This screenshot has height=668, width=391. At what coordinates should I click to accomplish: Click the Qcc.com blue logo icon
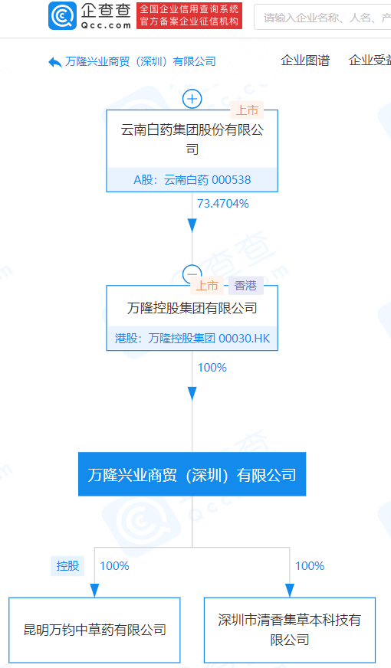62,16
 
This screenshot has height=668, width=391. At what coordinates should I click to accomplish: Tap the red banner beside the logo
189,16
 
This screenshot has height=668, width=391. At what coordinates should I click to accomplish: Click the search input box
322,17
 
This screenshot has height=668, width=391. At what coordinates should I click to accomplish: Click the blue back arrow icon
55,62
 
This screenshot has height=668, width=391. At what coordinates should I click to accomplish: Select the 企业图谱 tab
305,61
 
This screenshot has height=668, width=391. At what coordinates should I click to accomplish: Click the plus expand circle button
192,100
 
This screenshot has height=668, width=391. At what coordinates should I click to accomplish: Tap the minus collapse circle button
192,274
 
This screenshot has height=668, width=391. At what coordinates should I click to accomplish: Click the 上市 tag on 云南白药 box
247,110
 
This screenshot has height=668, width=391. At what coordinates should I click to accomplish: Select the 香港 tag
245,286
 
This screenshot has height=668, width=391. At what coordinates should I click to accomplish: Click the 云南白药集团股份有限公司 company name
192,139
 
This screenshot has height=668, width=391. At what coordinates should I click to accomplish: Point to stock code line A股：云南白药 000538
192,180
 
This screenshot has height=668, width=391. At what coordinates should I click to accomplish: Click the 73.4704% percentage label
223,204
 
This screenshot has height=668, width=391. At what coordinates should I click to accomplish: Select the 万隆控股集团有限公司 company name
192,308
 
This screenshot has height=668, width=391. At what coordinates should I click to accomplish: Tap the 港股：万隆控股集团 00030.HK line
192,339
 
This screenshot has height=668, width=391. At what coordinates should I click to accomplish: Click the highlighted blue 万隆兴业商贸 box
192,474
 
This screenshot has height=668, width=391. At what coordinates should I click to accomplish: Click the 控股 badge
67,566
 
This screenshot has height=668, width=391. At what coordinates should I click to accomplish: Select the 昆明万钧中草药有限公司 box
94,630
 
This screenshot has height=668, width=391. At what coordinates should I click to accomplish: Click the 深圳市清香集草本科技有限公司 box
290,630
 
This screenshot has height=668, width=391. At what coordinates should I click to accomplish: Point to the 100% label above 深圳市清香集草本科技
310,566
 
